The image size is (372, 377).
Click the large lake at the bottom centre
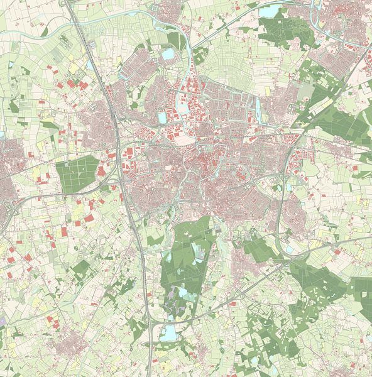(x=168, y=332)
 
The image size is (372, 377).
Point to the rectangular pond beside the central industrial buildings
(x=163, y=117)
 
